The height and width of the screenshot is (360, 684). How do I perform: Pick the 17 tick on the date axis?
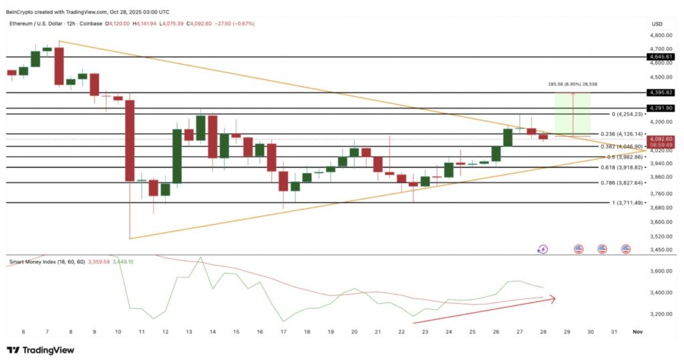(x=283, y=331)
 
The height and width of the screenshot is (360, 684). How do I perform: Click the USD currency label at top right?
(x=657, y=23)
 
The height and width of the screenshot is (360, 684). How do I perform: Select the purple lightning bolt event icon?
(x=542, y=249)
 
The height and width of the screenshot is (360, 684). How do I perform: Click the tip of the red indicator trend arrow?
(x=555, y=298)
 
